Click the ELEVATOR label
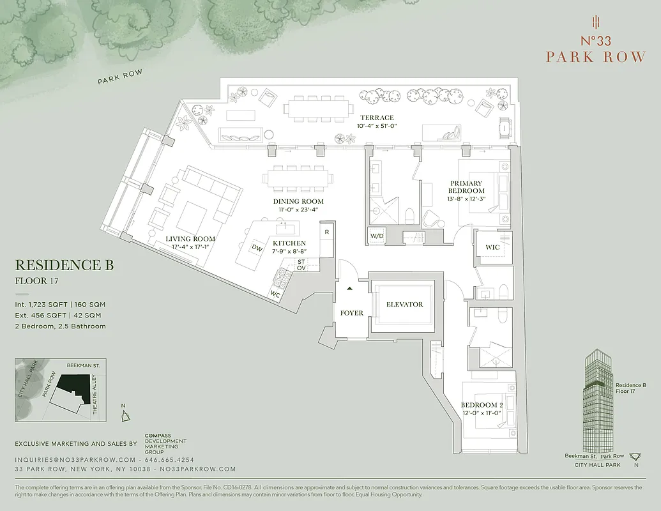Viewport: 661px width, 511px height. pos(404,304)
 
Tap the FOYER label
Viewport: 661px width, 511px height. pos(351,313)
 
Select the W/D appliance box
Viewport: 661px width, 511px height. pos(376,236)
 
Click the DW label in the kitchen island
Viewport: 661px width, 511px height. pos(257,248)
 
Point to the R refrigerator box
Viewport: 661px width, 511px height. pos(326,231)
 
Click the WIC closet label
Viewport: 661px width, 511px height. pos(492,247)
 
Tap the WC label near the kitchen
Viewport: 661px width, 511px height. pos(275,294)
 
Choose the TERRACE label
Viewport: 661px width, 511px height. pos(377,118)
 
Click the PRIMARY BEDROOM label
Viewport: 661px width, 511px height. pos(466,187)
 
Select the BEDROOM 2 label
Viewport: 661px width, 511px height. pos(482,405)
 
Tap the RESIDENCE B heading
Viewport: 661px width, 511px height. pos(64,265)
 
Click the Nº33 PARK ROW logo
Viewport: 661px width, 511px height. pos(595,49)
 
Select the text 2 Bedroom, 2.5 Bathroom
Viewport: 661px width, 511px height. pos(61,326)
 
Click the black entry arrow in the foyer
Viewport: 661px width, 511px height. pos(349,288)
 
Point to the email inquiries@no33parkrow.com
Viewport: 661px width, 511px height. pos(75,460)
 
